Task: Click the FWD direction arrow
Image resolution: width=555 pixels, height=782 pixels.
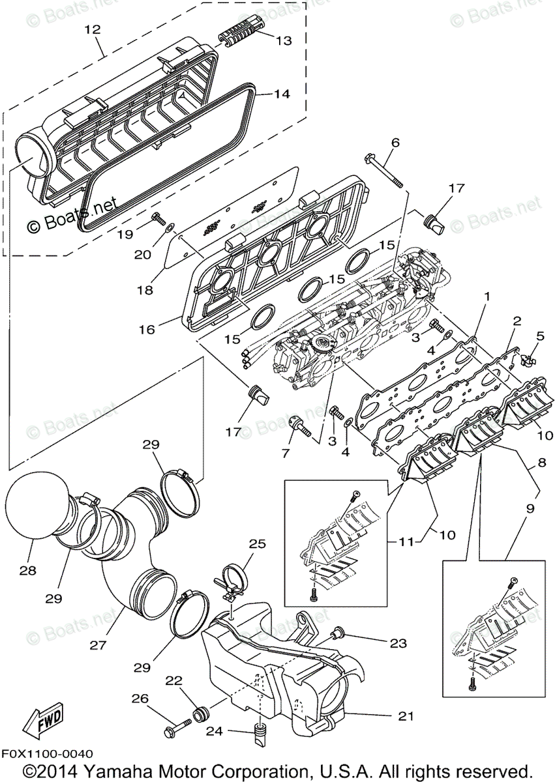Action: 41,721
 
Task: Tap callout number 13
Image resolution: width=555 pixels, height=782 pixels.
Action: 284,40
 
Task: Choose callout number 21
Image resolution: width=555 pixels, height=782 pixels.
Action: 406,716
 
